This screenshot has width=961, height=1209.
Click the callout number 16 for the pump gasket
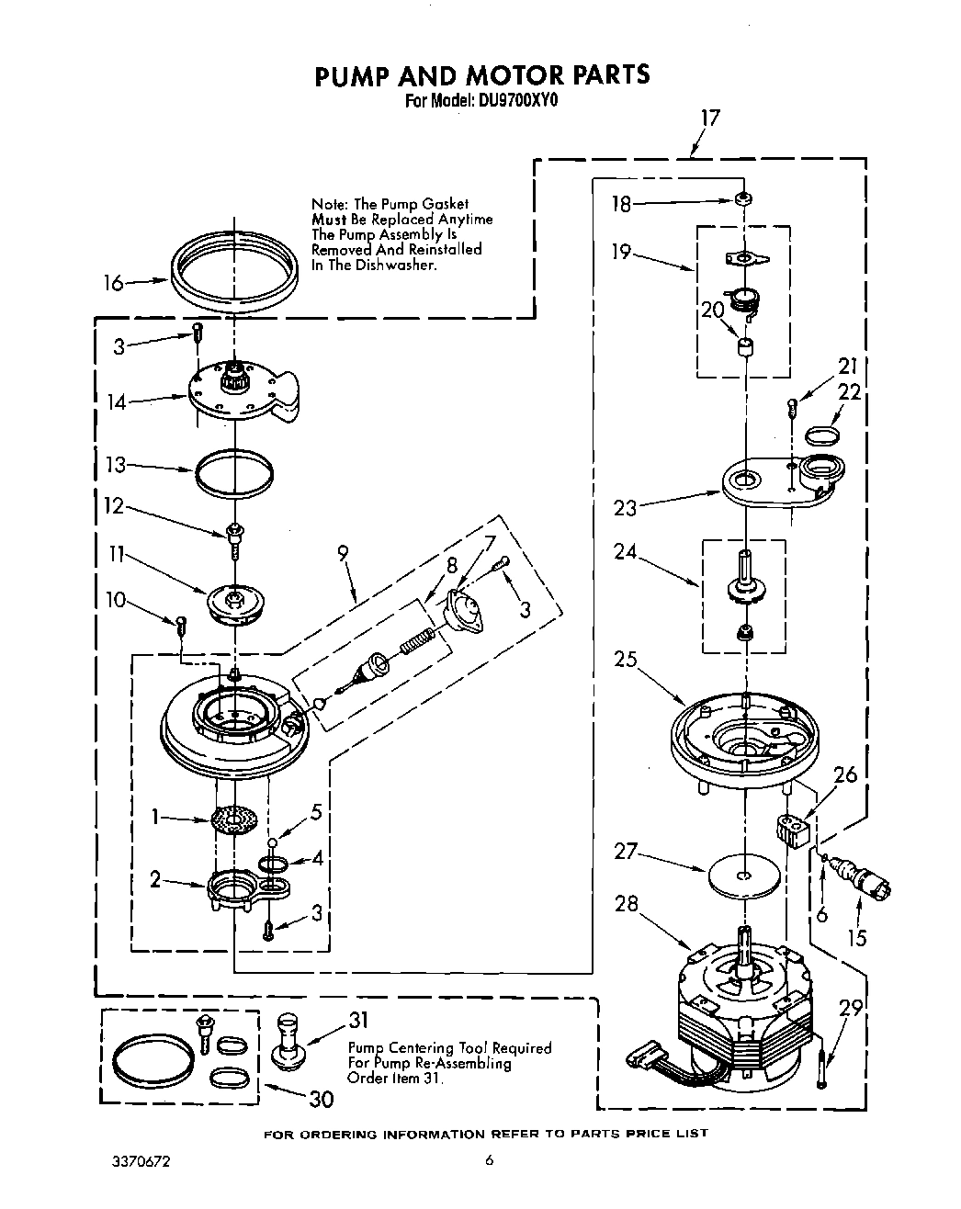(x=112, y=283)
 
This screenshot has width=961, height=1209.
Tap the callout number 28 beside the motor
(x=626, y=903)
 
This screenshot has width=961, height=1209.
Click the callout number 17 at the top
(x=709, y=118)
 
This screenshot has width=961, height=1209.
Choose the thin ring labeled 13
(x=234, y=473)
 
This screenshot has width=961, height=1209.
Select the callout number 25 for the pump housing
(x=626, y=660)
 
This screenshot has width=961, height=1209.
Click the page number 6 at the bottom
(x=490, y=1161)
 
